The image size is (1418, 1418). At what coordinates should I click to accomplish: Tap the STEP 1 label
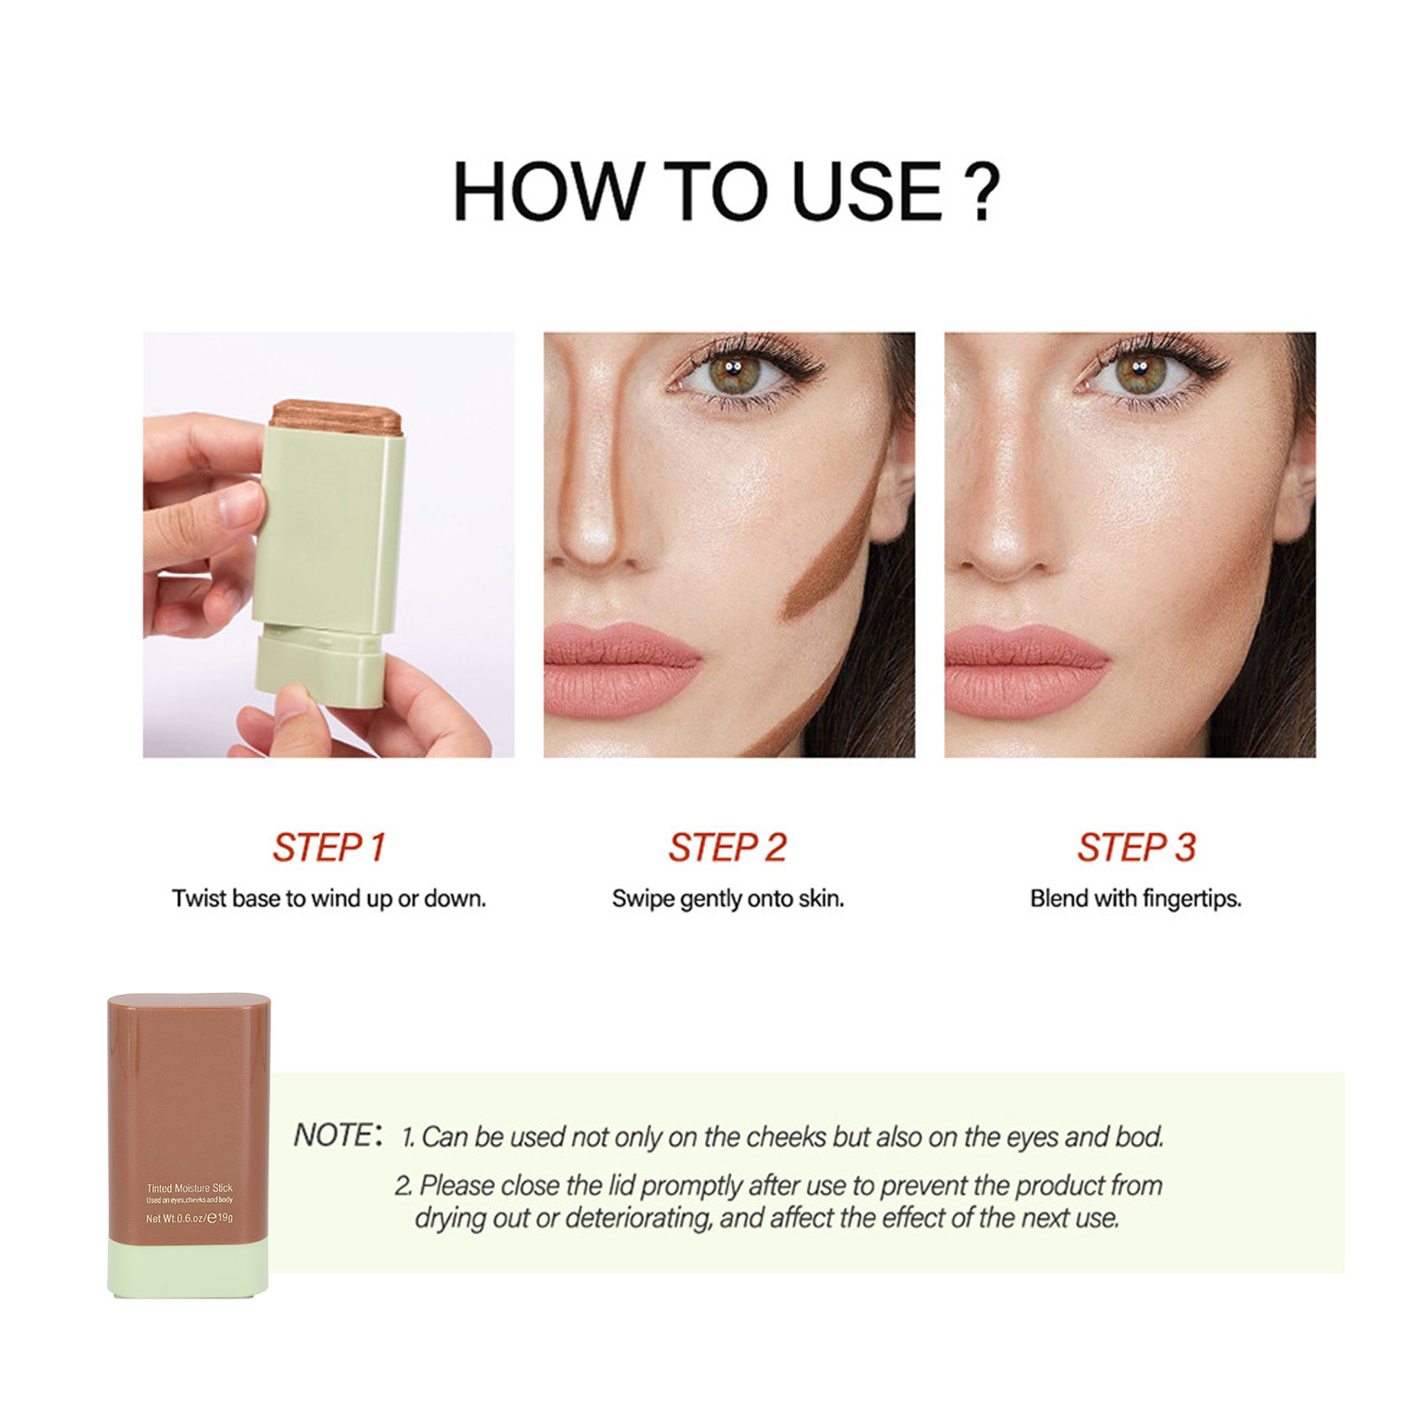[329, 848]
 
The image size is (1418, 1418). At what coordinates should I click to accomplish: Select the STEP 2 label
[727, 848]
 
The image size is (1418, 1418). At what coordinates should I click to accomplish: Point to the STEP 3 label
[1136, 848]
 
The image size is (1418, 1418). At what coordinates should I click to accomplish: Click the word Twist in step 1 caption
[199, 898]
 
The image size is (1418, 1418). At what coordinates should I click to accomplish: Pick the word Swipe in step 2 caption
[643, 899]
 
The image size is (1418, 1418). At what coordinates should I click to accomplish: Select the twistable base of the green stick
[320, 665]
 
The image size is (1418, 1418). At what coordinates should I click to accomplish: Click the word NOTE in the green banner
[335, 1135]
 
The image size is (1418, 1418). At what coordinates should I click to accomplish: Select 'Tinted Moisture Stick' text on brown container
[190, 1188]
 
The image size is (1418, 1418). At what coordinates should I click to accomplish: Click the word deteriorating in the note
[638, 1219]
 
